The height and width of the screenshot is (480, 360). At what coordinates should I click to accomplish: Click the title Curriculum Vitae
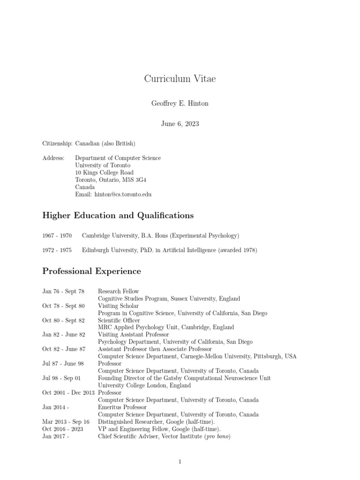(x=180, y=79)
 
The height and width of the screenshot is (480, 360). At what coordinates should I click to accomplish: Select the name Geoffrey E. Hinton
(x=180, y=104)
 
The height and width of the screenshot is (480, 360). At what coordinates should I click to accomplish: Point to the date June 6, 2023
(x=180, y=124)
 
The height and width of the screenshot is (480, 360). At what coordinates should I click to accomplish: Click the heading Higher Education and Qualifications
(x=118, y=216)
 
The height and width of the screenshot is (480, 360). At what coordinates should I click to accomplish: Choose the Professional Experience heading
(x=91, y=271)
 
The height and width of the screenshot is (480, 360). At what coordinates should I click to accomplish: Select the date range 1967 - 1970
(x=57, y=235)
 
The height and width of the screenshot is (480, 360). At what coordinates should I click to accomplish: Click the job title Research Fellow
(x=118, y=291)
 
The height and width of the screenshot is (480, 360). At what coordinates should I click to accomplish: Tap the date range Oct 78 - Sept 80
(x=63, y=306)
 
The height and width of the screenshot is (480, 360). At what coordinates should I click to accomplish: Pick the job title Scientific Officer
(x=120, y=320)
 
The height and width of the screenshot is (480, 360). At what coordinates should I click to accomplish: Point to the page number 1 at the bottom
(x=180, y=462)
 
